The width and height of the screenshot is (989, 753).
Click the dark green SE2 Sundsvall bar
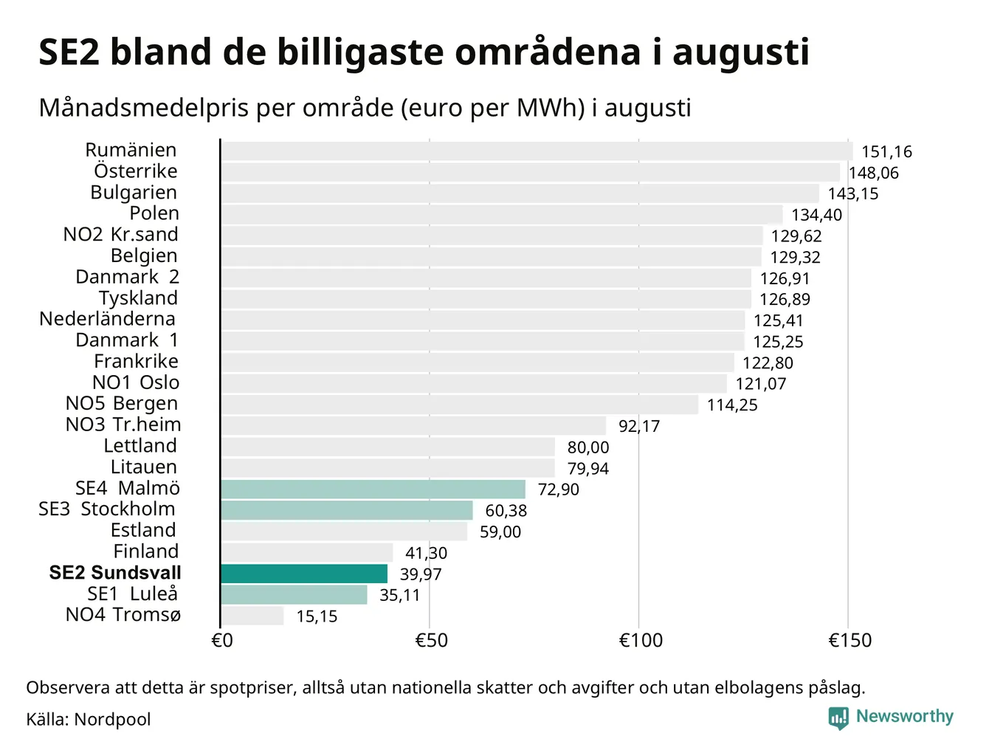click(x=304, y=574)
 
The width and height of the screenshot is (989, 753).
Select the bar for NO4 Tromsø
click(x=252, y=616)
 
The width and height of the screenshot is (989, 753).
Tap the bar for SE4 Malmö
click(x=373, y=489)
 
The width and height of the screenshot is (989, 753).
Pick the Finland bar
click(x=307, y=552)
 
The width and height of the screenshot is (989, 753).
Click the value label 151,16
click(x=886, y=152)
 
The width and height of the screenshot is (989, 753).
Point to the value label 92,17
click(x=639, y=426)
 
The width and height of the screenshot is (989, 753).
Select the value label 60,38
click(x=506, y=511)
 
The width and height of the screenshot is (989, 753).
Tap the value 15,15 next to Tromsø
click(x=317, y=616)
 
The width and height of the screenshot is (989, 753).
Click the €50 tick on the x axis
click(x=431, y=640)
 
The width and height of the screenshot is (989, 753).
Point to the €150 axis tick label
click(x=850, y=640)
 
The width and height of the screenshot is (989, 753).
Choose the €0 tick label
click(x=222, y=640)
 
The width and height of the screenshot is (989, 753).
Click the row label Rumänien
click(x=131, y=150)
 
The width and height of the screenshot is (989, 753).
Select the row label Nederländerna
click(x=107, y=319)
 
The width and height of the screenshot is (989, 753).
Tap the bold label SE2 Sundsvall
click(x=115, y=573)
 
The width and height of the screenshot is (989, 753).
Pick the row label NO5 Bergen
click(x=122, y=404)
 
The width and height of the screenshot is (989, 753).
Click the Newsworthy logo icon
click(x=838, y=718)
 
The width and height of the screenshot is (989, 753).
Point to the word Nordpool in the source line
click(x=112, y=720)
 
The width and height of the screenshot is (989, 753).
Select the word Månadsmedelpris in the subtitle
click(x=144, y=109)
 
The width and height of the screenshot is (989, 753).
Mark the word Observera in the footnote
click(x=68, y=688)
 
